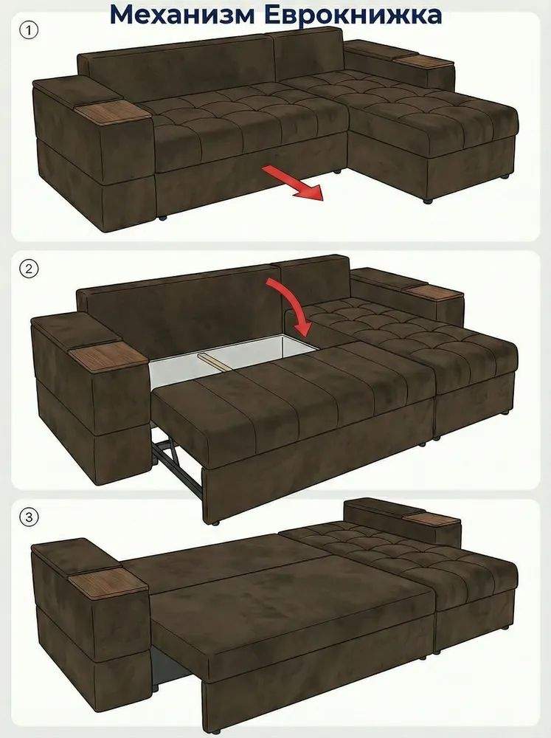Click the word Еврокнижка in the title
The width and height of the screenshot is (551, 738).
coord(353,14)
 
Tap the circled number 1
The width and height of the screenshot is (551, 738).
coord(30,31)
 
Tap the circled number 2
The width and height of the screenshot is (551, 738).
coord(30,269)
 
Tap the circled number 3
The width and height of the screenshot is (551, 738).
coord(30,518)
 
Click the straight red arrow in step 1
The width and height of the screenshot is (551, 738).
coord(293,182)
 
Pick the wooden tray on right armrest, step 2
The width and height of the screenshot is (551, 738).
coord(434,292)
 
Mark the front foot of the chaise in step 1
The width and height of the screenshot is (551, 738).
coord(428,201)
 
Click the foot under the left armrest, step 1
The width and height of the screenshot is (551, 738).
coord(162,218)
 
